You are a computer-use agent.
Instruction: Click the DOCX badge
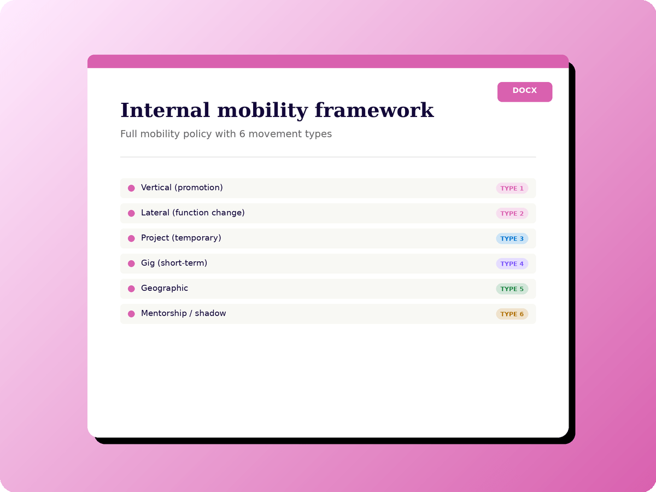[x=524, y=92]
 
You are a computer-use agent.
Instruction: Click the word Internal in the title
[x=165, y=110]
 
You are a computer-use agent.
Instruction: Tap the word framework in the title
[x=374, y=110]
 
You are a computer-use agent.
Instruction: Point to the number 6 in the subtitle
[x=242, y=134]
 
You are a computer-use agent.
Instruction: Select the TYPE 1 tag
[x=512, y=188]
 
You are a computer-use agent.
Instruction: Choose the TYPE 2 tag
[x=512, y=213]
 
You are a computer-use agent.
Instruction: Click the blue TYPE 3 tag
[x=512, y=238]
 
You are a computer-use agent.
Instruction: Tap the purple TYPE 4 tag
[x=512, y=263]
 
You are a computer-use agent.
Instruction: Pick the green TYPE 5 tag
[x=512, y=289]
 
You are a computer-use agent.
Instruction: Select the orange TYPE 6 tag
[x=512, y=314]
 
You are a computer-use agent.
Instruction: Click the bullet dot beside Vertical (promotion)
[x=131, y=188]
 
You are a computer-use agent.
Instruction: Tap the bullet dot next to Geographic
[x=131, y=288]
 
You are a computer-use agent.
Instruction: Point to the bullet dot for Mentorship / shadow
[x=131, y=313]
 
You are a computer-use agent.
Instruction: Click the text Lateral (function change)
[x=193, y=213]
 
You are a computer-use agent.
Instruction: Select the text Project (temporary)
[x=181, y=238]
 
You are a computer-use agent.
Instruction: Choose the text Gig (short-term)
[x=174, y=263]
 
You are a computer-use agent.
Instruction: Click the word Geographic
[x=165, y=288]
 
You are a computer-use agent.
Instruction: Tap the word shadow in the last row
[x=210, y=313]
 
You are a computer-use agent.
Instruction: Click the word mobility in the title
[x=262, y=111]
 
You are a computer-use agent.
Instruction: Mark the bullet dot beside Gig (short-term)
[x=131, y=263]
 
